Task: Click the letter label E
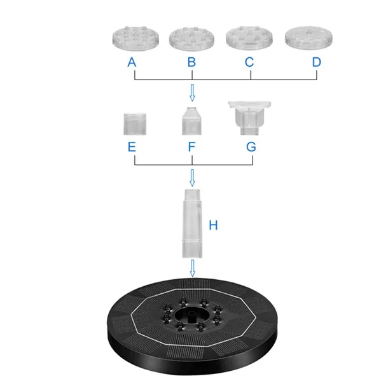point(132,147)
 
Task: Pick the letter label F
point(191,147)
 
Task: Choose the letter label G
point(251,147)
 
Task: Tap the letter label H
point(214,225)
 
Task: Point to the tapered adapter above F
point(191,120)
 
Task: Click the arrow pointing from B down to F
point(191,95)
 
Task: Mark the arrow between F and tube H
point(191,176)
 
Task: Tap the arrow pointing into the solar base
point(191,271)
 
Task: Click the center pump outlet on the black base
point(191,313)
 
